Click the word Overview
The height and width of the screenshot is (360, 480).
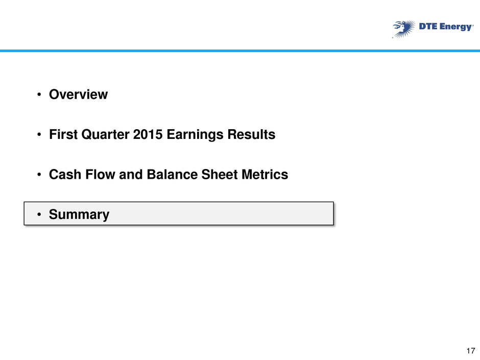coord(78,94)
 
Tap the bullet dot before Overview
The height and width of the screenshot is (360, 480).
coord(39,94)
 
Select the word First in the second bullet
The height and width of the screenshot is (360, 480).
coord(63,134)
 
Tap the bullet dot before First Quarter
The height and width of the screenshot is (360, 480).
coord(39,134)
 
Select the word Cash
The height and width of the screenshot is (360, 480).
coord(65,175)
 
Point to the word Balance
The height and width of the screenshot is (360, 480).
coord(173,175)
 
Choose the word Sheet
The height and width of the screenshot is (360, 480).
coord(220,175)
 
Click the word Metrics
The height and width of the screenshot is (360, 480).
coord(265,175)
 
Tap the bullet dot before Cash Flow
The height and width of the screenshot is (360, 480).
coord(39,175)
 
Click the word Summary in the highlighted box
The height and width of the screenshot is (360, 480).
coord(79,215)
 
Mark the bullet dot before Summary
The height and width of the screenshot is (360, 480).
coord(39,214)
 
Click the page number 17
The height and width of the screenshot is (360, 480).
coord(471,351)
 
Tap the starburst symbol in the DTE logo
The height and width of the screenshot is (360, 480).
coord(403,29)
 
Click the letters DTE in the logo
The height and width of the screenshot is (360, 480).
coord(428,27)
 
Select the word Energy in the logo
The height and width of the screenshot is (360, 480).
coord(456,27)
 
